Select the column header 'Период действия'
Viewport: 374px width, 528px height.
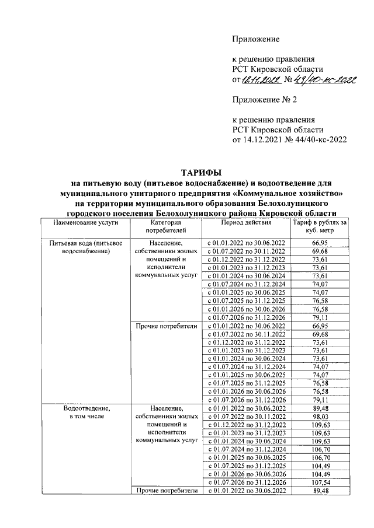coord(246,223)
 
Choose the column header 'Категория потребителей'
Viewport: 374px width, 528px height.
coord(167,227)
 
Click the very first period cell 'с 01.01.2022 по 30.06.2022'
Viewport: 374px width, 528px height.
coord(246,243)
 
